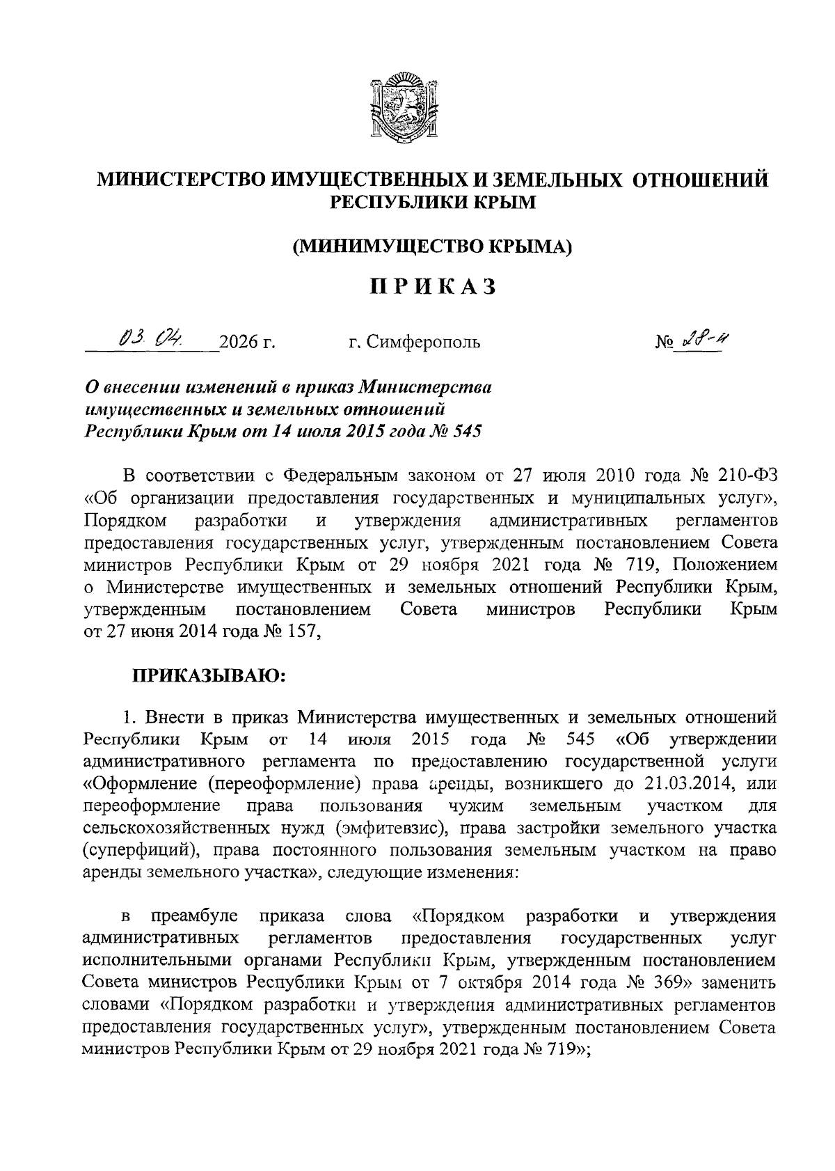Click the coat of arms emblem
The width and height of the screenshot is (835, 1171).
click(403, 106)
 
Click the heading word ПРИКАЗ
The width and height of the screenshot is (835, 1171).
click(432, 286)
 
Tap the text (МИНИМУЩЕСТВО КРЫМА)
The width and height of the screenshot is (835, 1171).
click(432, 246)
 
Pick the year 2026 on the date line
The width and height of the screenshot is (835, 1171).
click(239, 342)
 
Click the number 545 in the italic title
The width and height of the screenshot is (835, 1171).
click(467, 431)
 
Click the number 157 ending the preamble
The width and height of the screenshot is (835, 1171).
click(301, 631)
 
